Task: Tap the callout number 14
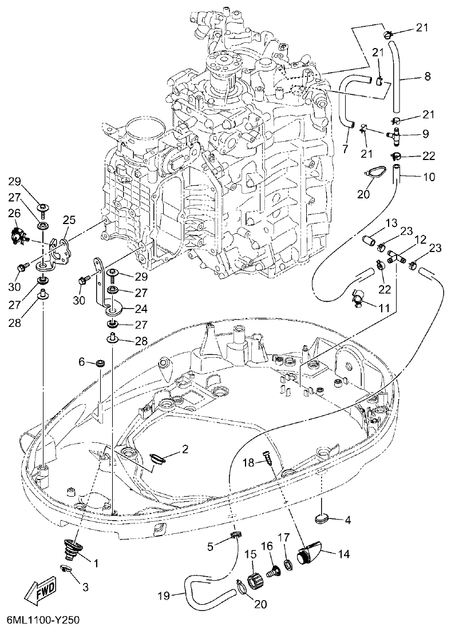[x=344, y=553]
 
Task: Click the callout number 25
[x=69, y=219]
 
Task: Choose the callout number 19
[x=164, y=596]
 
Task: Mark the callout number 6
[x=81, y=361]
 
